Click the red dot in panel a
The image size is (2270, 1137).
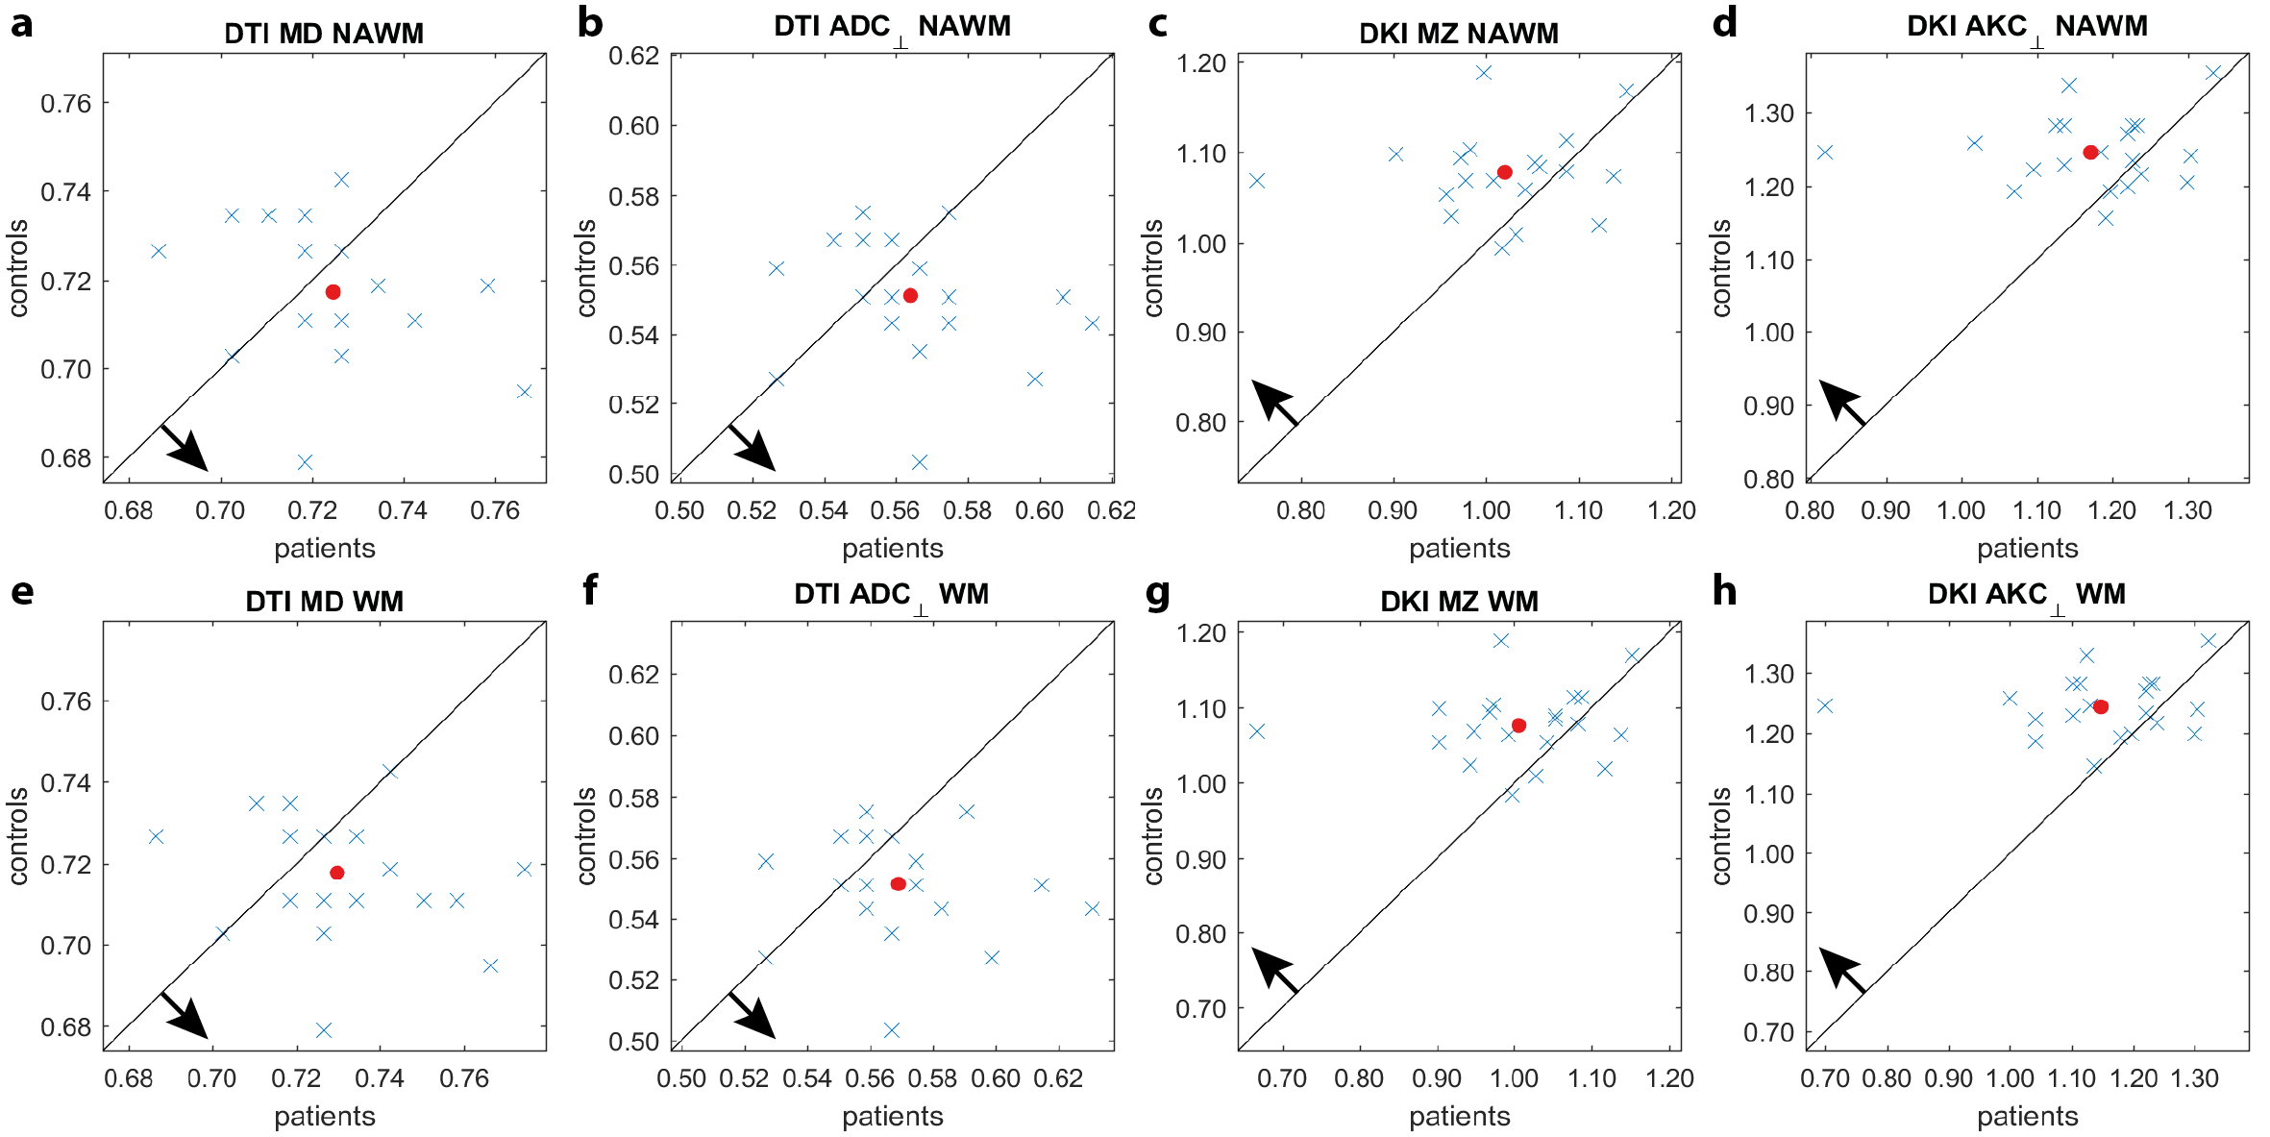(333, 291)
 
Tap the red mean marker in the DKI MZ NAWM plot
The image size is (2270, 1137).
(1505, 172)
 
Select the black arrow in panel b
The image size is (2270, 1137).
(752, 447)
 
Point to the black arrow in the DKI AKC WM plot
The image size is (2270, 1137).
(1842, 969)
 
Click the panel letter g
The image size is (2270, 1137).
(1158, 593)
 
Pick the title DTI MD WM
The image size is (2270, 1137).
(324, 602)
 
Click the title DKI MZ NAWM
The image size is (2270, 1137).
(1458, 34)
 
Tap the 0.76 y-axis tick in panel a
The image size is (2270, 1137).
(65, 104)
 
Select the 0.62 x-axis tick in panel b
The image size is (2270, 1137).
(1111, 510)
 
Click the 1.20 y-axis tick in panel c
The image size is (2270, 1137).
(1200, 63)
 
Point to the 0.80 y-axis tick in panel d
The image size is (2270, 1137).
(1768, 479)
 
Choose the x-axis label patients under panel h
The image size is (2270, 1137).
(2027, 1116)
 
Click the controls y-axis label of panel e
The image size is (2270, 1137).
(18, 835)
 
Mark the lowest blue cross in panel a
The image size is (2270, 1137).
(305, 462)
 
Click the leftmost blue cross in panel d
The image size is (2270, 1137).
(1824, 152)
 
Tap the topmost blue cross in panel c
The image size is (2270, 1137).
(1483, 72)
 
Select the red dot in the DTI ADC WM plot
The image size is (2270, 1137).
(898, 883)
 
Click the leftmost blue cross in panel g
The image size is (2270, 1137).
(1256, 731)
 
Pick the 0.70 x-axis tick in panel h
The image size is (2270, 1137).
(1824, 1078)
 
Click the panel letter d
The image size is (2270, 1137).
(1725, 23)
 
